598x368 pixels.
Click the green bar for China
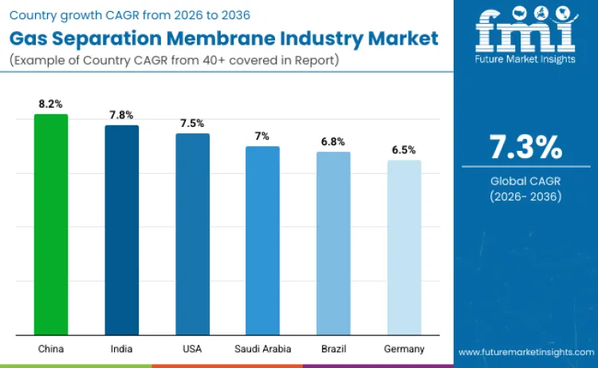tap(51, 224)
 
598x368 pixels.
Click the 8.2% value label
tap(51, 104)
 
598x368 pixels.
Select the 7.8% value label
tap(122, 115)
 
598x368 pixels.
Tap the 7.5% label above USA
tap(192, 123)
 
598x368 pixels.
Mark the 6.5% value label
tap(404, 150)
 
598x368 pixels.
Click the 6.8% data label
tap(333, 141)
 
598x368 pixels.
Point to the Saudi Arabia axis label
tap(262, 349)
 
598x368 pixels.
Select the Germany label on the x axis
tap(404, 349)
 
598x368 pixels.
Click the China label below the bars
tap(51, 349)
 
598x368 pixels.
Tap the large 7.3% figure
tap(525, 148)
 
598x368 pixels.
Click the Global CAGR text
tap(525, 182)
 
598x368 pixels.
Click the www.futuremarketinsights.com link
tap(525, 352)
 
